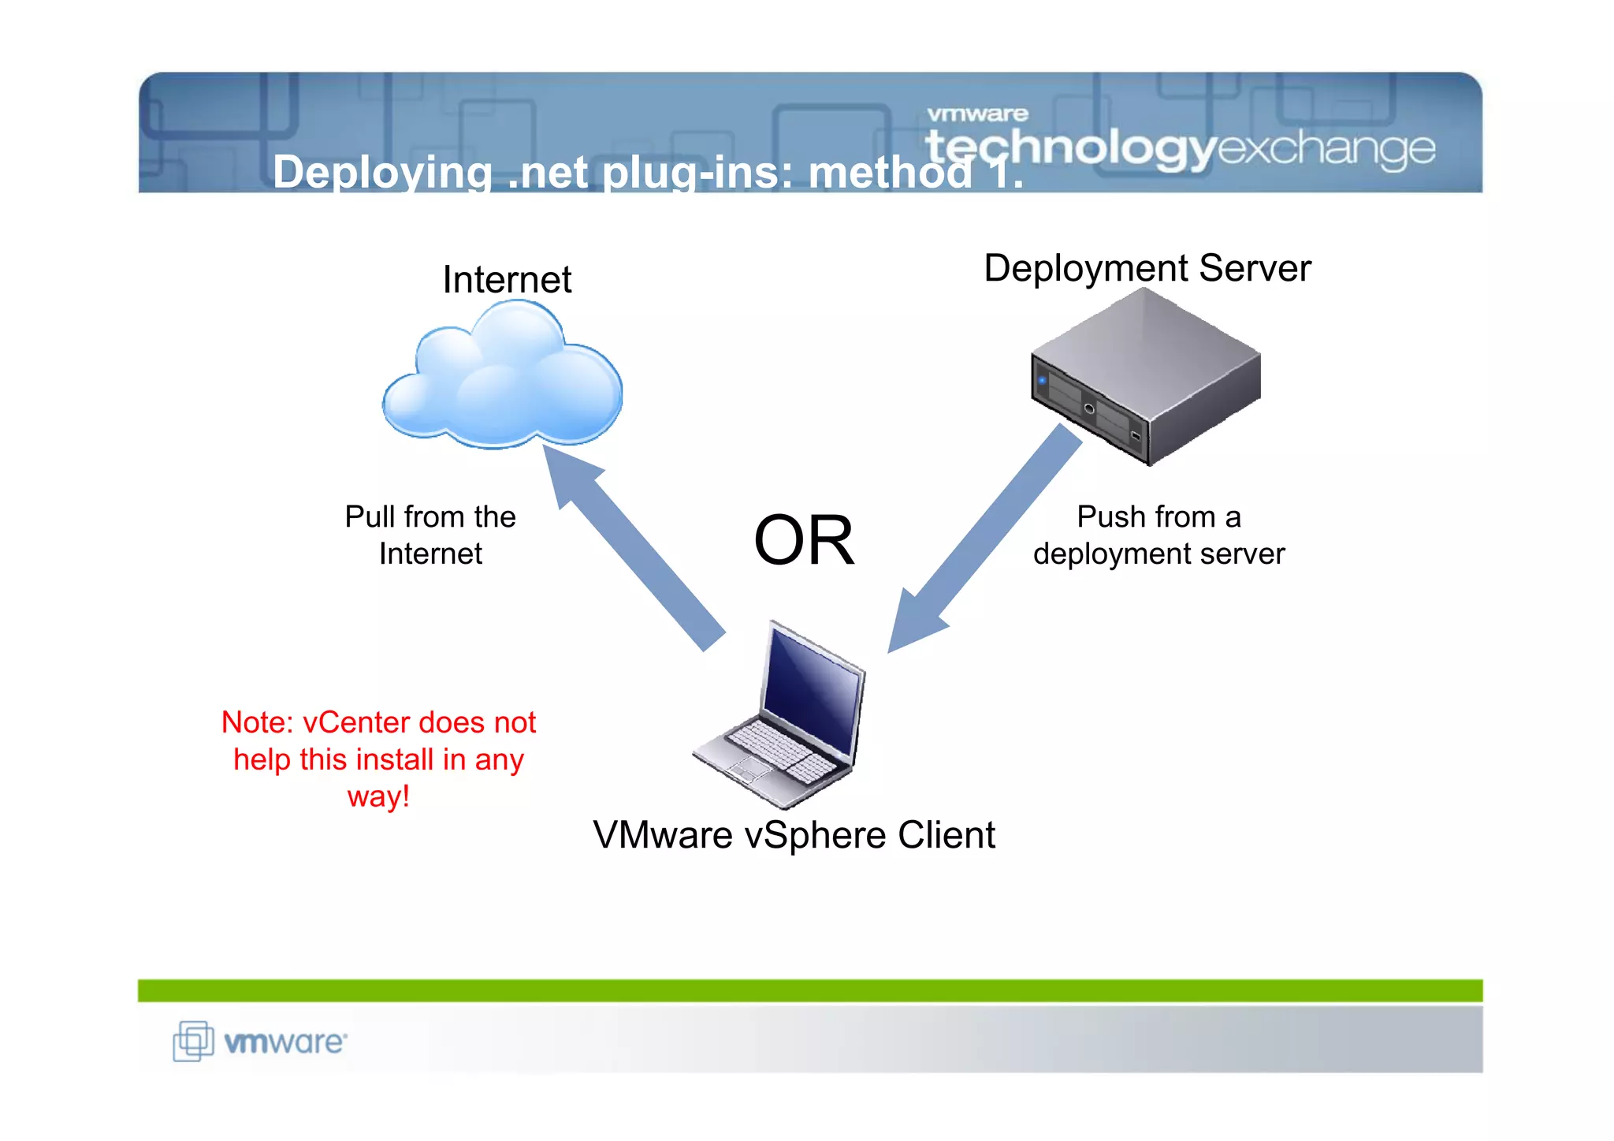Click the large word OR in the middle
click(x=804, y=541)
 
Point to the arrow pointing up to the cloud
click(x=630, y=544)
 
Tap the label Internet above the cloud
click(x=507, y=280)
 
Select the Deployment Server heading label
click(x=1147, y=268)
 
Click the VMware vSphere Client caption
click(x=794, y=835)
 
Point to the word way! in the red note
click(x=378, y=796)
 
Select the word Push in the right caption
click(x=1106, y=517)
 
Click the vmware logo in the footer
click(x=284, y=1042)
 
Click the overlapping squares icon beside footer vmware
click(x=193, y=1041)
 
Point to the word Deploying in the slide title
click(x=382, y=172)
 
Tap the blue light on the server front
click(x=1043, y=381)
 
